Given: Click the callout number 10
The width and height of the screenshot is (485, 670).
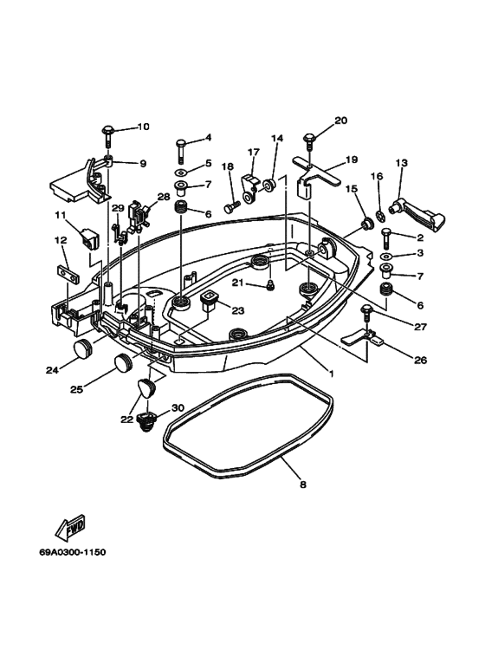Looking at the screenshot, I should [143, 127].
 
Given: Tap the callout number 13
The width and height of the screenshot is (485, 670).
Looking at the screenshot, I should [401, 163].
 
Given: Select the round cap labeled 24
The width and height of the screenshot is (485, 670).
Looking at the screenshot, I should [82, 349].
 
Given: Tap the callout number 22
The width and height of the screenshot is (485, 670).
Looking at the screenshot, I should [127, 420].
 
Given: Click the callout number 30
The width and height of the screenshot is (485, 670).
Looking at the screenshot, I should [178, 407].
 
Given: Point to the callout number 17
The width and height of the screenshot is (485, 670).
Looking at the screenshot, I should [254, 152].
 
